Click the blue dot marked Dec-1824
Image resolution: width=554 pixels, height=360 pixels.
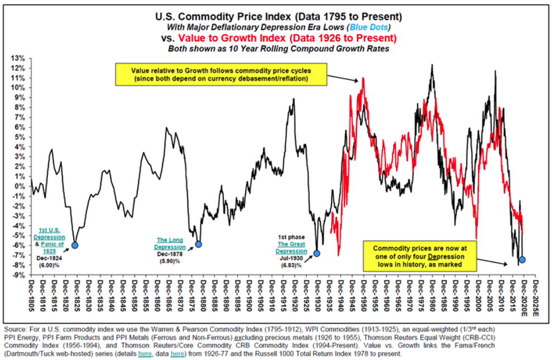pos(75,245)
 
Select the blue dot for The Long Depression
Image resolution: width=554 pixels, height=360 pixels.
pos(198,244)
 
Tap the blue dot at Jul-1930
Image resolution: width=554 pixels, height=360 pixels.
pos(317,253)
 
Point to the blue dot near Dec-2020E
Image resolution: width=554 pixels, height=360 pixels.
pos(522,260)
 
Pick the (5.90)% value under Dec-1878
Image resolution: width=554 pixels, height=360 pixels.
pos(170,261)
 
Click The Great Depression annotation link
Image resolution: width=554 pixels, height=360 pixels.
pos(291,247)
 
